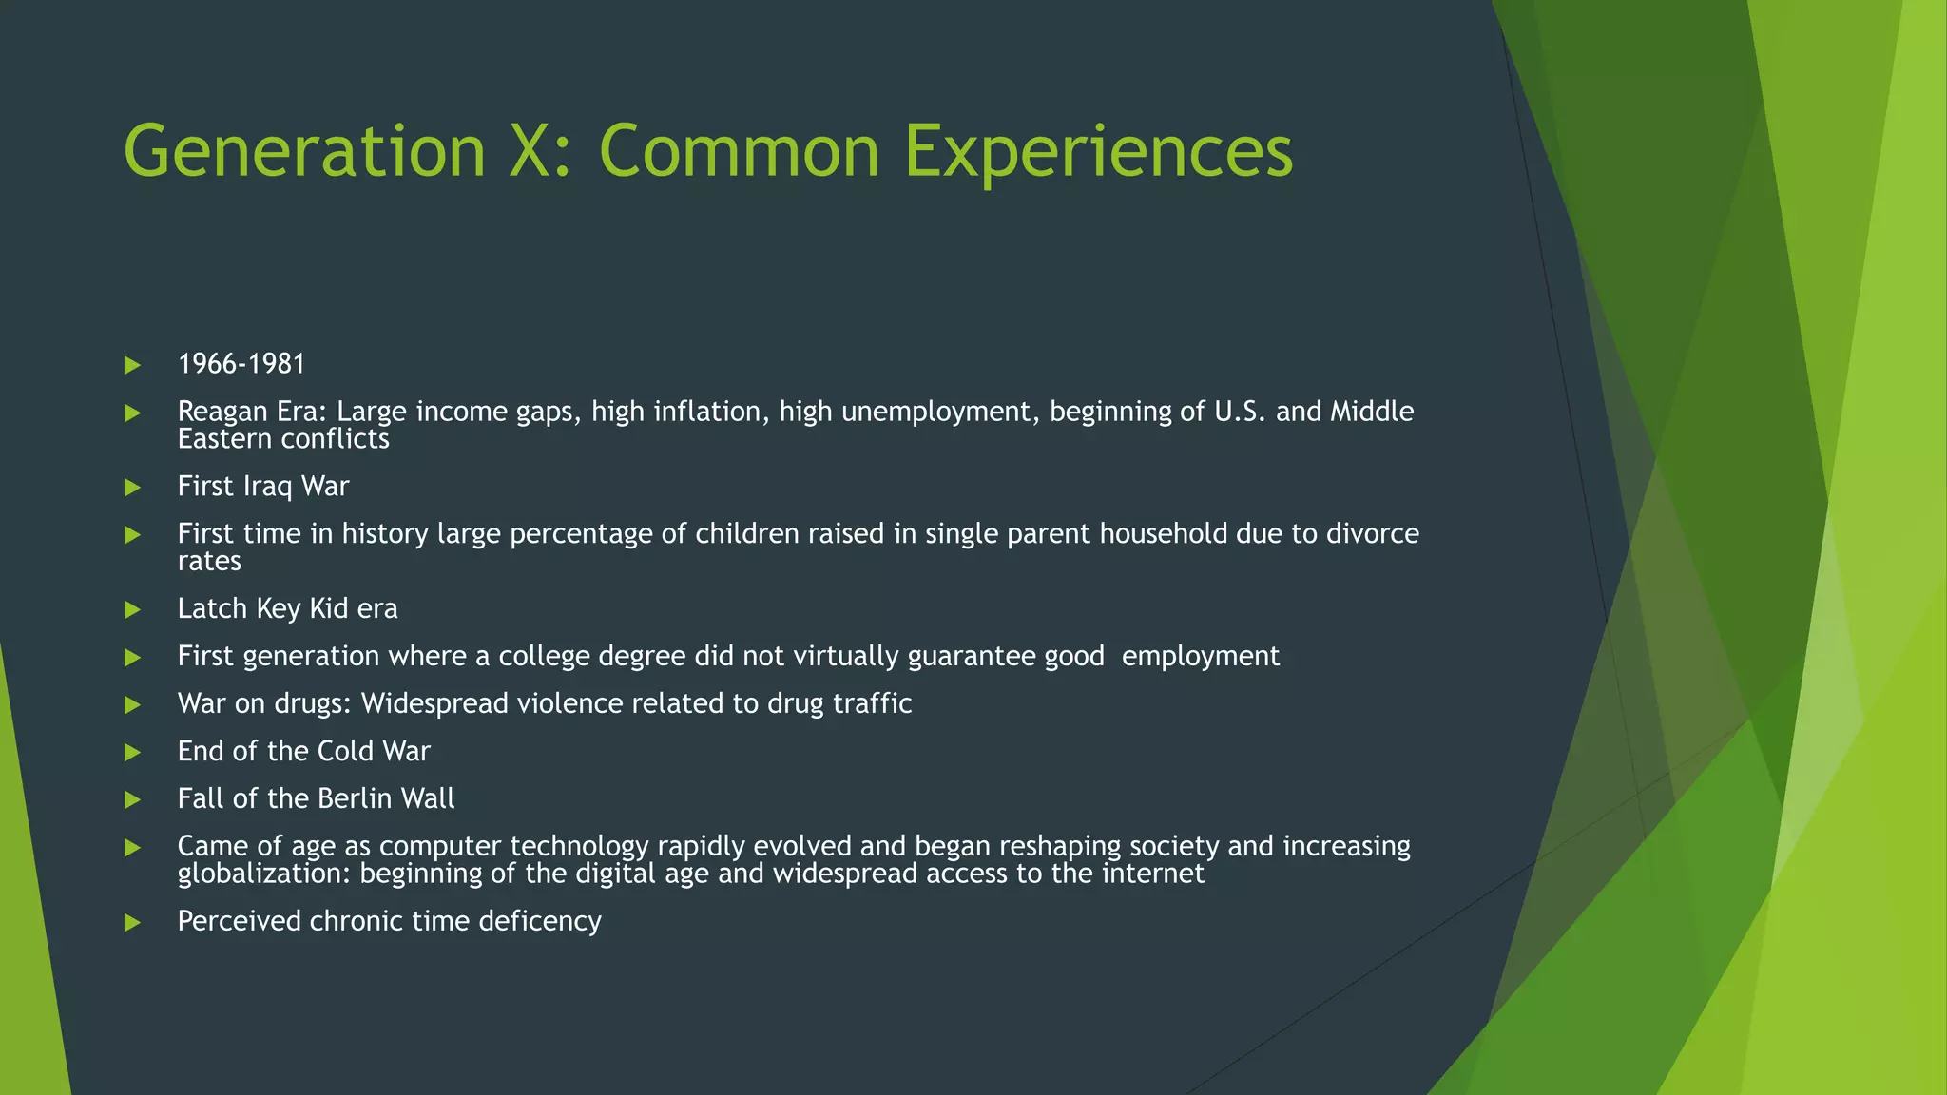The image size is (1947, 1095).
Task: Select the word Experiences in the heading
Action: [1098, 152]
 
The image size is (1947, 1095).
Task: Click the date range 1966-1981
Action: [241, 364]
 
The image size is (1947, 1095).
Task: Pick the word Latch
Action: [211, 608]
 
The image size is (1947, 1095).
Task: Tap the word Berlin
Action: [352, 798]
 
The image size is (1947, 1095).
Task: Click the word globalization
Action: [263, 874]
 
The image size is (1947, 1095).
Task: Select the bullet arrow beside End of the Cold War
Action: [133, 753]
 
